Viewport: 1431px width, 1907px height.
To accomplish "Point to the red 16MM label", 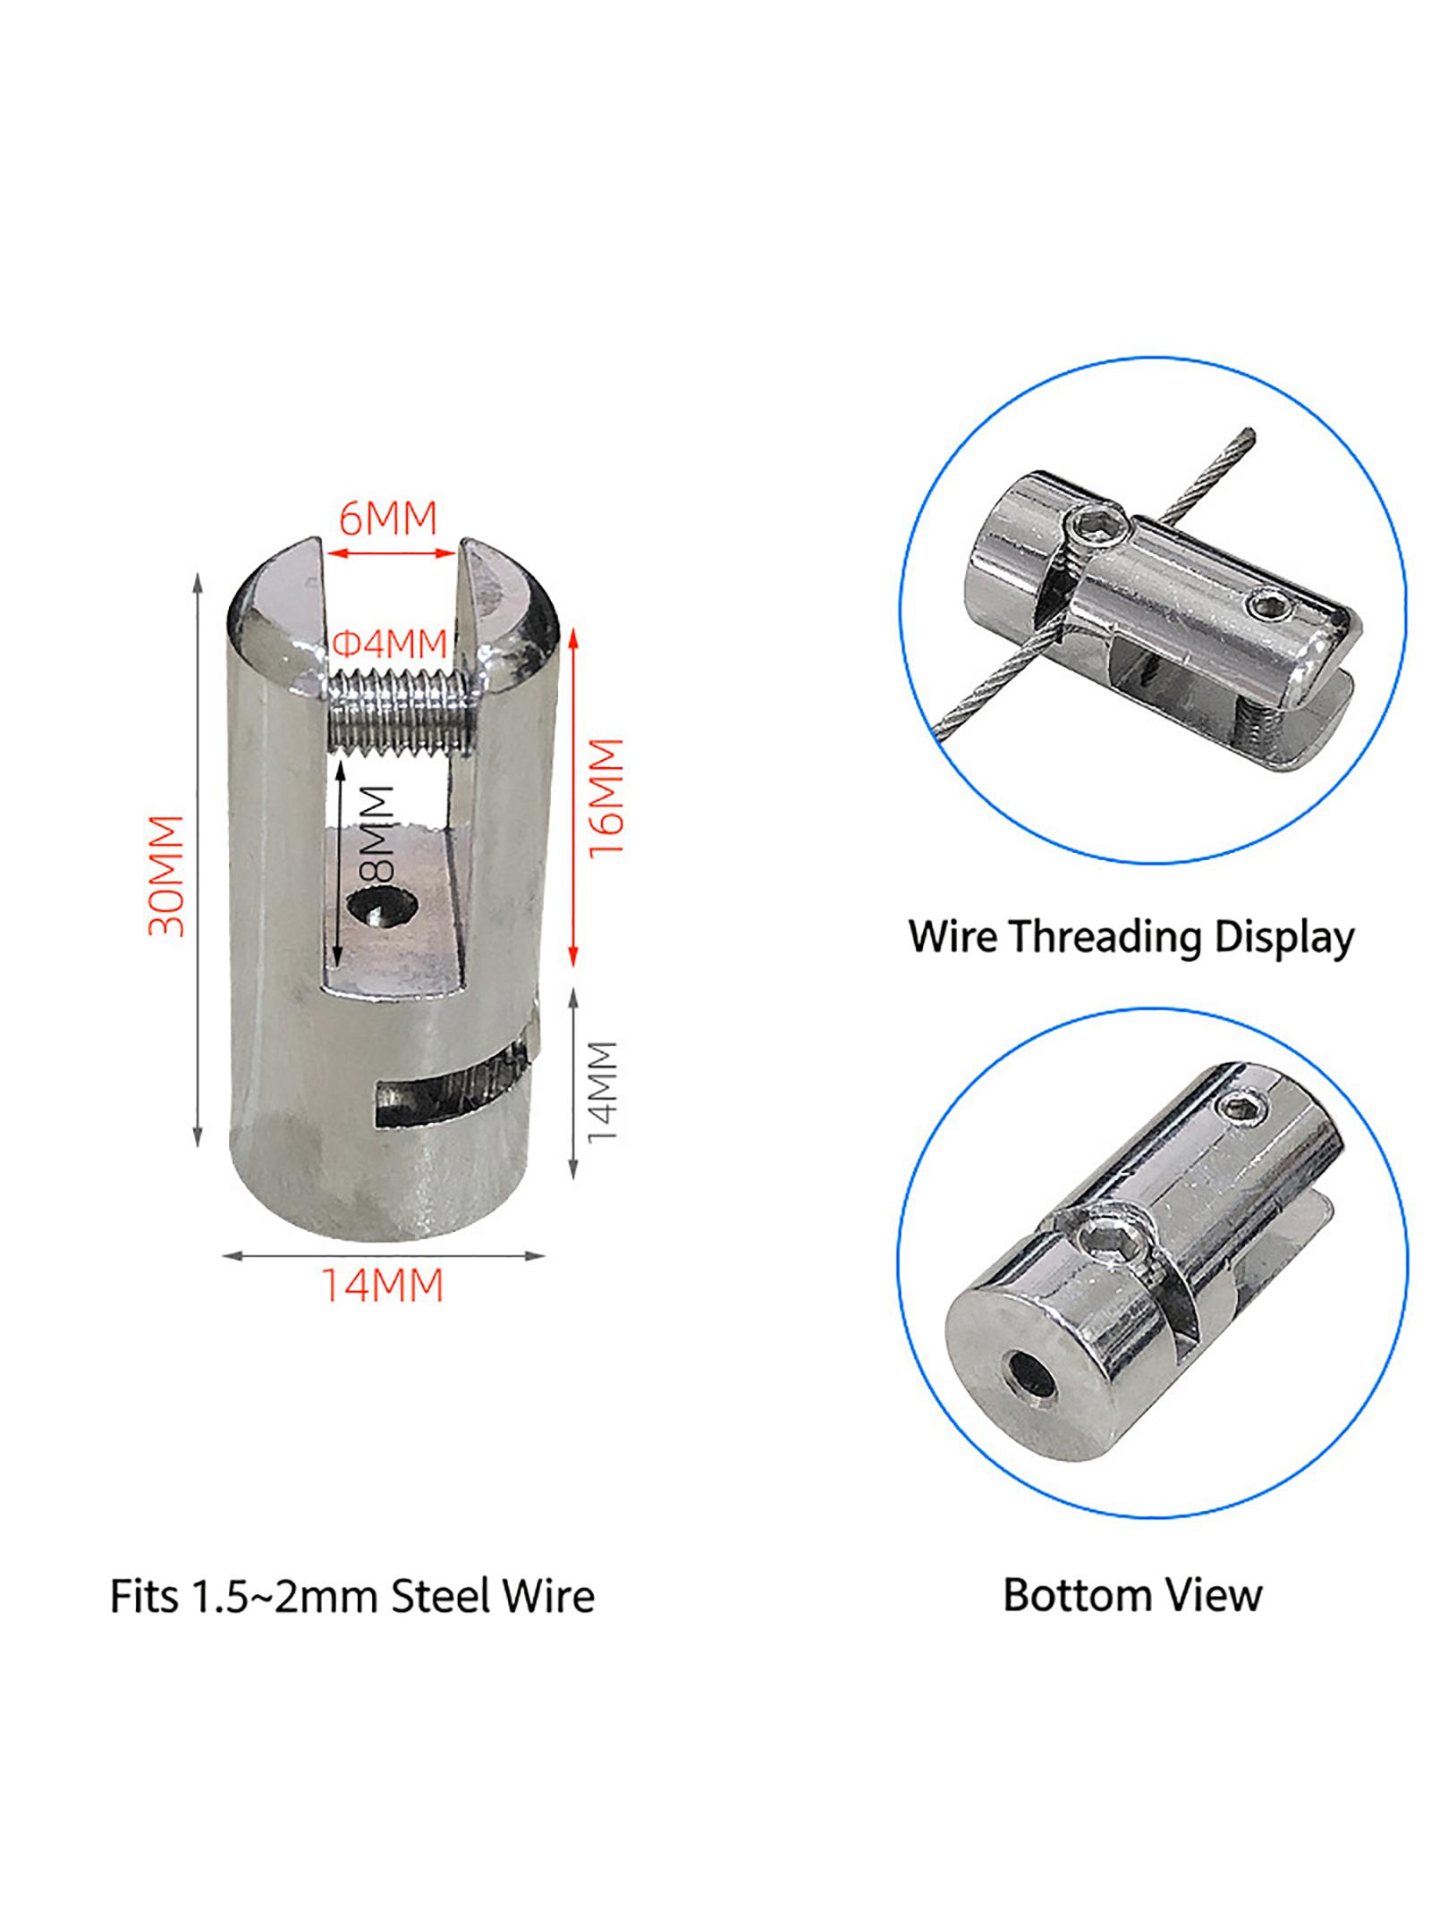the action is pos(605,797).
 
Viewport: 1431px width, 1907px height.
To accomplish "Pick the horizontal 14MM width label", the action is pos(383,1286).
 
